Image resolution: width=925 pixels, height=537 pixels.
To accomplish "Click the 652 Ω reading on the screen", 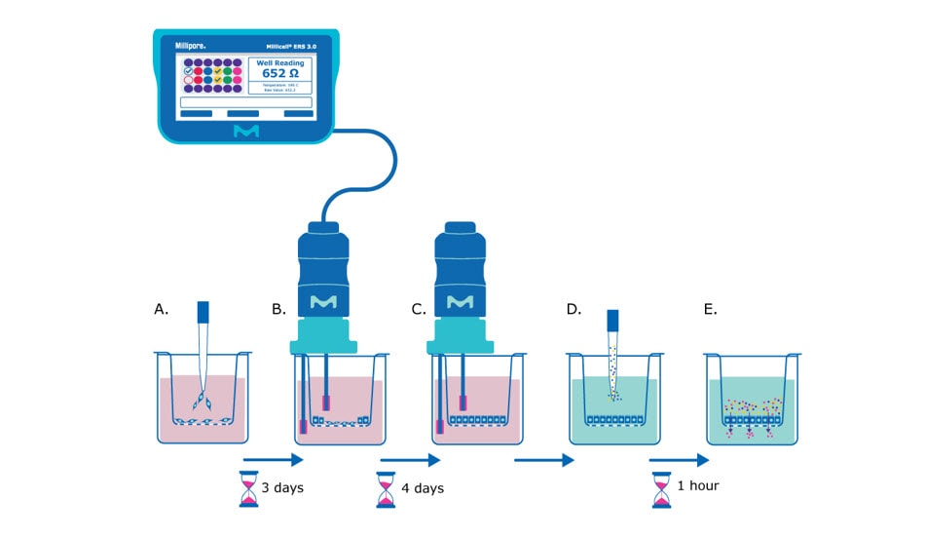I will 279,73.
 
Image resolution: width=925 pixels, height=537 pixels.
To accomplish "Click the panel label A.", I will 162,309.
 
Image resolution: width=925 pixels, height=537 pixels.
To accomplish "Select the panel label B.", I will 279,309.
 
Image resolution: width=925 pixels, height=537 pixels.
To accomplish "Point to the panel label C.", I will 419,309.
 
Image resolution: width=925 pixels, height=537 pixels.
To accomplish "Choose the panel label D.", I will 573,309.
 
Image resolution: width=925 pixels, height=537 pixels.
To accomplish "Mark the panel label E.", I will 710,309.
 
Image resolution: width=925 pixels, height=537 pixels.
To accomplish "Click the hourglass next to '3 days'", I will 250,488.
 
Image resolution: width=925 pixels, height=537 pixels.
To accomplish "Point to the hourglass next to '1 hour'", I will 663,486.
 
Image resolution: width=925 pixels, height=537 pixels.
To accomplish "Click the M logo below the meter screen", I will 245,131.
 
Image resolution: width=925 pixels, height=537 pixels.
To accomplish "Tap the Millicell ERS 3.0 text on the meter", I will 278,45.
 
